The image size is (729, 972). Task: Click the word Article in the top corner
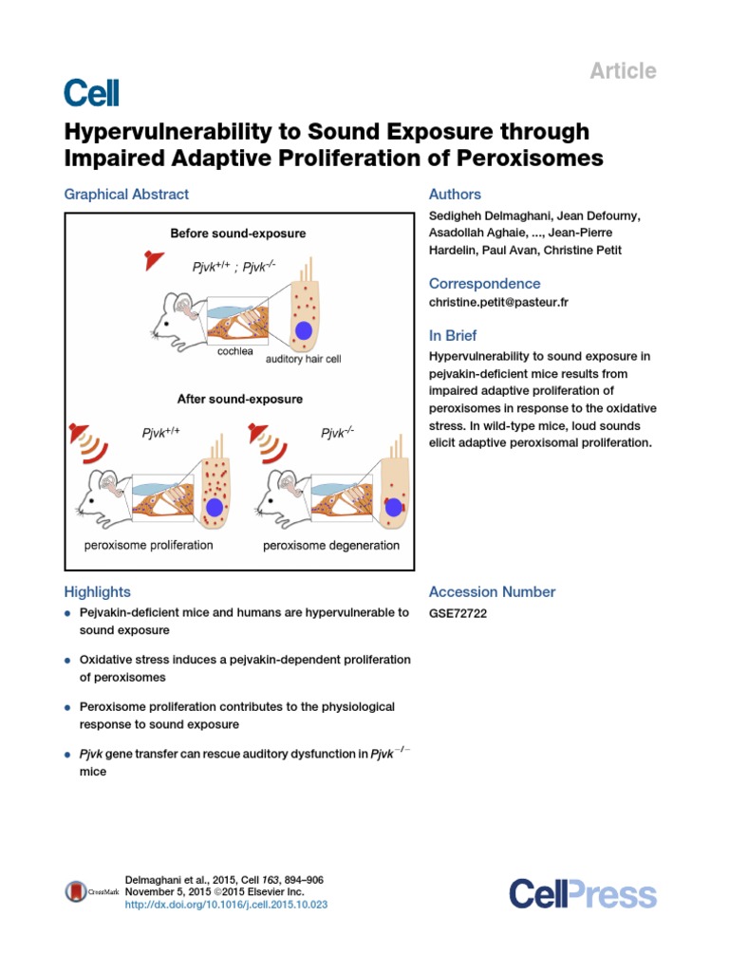(623, 70)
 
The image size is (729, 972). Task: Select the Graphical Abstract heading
(126, 195)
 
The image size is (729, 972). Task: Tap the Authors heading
(455, 195)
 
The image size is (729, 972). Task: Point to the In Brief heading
(453, 336)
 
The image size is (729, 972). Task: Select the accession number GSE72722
(458, 613)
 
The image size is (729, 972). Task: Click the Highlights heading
(97, 591)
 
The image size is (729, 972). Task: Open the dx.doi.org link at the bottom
(226, 906)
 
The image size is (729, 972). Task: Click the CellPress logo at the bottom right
(582, 893)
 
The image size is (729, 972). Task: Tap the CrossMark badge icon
(76, 891)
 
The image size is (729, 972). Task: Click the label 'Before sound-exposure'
(238, 233)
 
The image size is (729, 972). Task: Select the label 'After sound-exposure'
(240, 400)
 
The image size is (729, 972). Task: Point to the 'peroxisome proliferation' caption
(149, 546)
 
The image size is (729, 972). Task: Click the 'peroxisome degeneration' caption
(331, 546)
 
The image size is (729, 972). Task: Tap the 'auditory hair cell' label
(303, 359)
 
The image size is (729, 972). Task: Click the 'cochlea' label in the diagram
(234, 350)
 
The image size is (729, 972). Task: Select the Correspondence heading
(484, 284)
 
